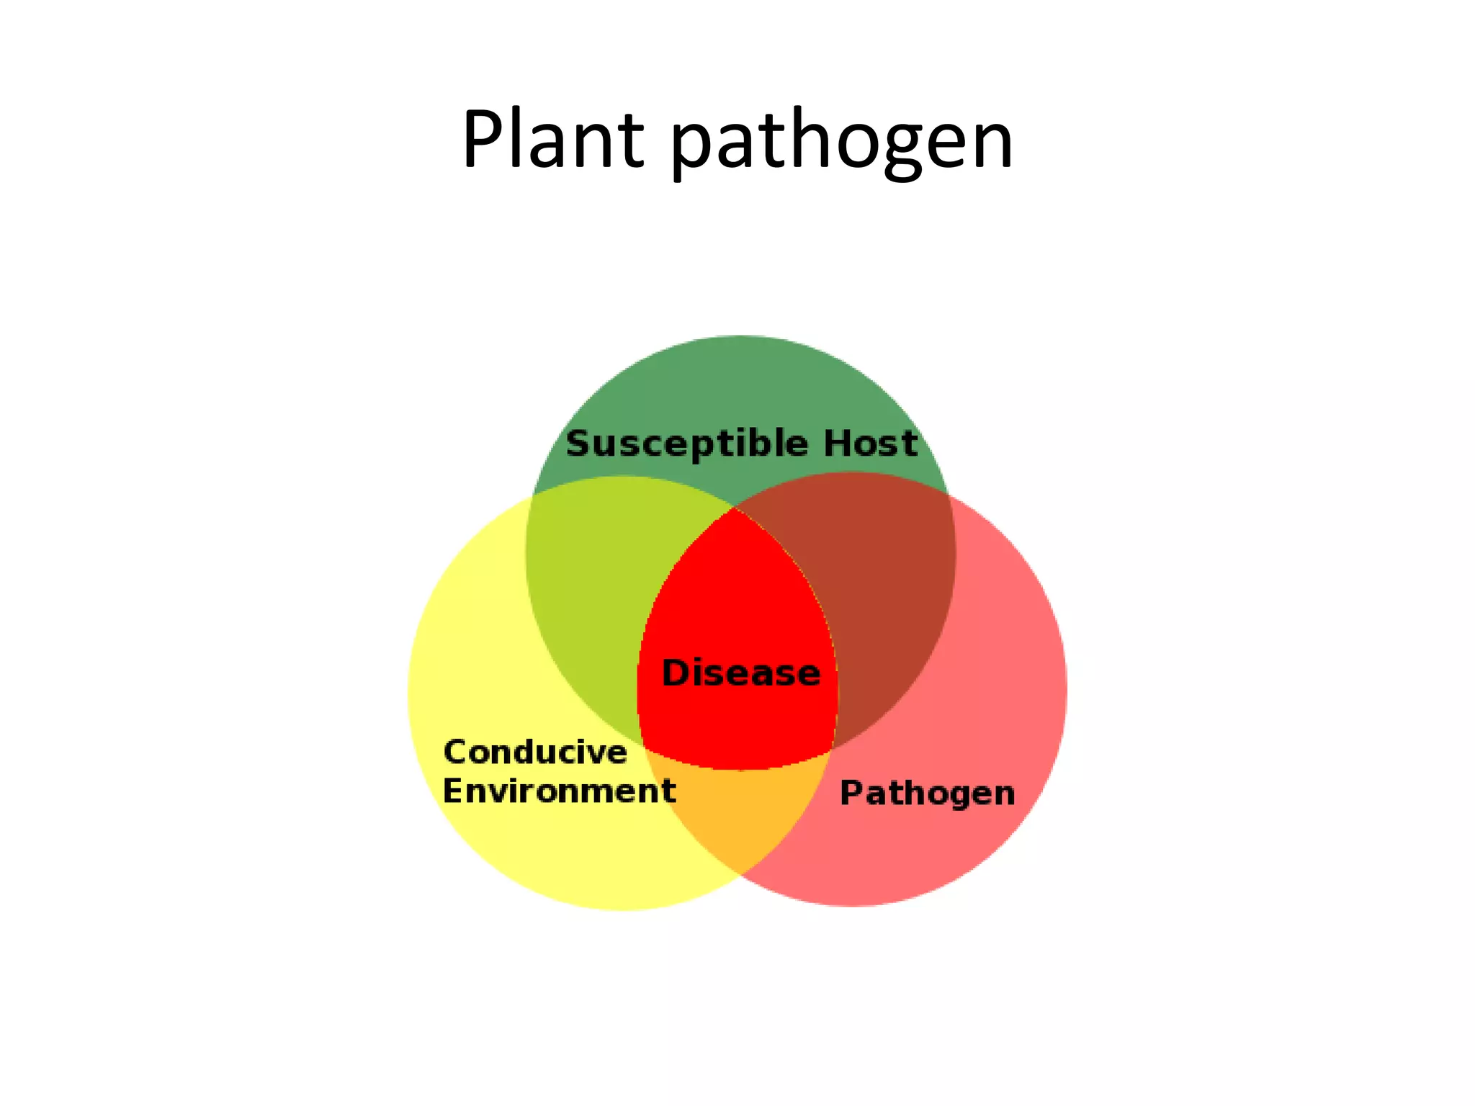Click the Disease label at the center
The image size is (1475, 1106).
tap(740, 673)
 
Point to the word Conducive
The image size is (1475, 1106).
tap(535, 752)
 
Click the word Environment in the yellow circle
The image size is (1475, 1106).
tap(559, 791)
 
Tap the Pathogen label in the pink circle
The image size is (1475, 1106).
tap(928, 793)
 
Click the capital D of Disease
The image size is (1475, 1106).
tap(675, 673)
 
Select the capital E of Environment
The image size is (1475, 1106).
tap(453, 791)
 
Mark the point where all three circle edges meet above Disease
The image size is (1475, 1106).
tap(735, 508)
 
